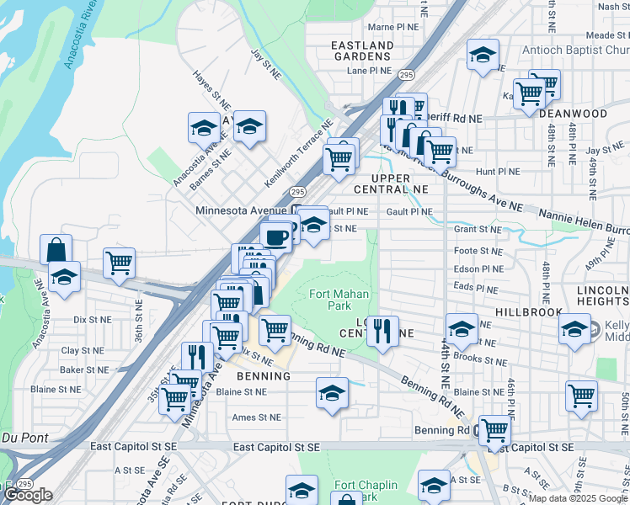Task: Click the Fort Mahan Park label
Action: [x=330, y=300]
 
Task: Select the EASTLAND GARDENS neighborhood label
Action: [x=362, y=50]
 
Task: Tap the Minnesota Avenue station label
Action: [x=240, y=210]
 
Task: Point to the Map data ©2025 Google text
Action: [x=578, y=498]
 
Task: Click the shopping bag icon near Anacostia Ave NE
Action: [x=56, y=249]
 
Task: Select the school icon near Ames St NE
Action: [x=332, y=392]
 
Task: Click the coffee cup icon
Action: [x=277, y=237]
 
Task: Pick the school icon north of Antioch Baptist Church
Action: [x=482, y=56]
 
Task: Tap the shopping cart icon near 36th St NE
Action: [x=120, y=263]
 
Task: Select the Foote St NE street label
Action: [x=478, y=251]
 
